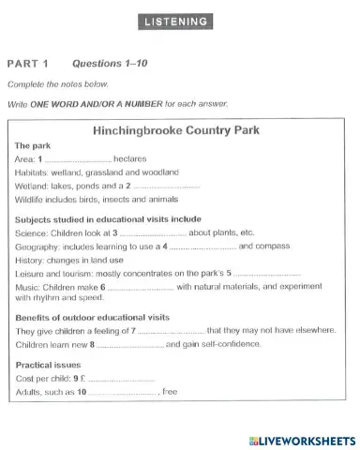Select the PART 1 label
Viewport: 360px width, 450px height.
pyautogui.click(x=27, y=64)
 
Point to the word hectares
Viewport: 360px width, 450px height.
pyautogui.click(x=130, y=159)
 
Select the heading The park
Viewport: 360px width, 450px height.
pyautogui.click(x=34, y=146)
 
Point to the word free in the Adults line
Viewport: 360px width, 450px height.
pyautogui.click(x=170, y=391)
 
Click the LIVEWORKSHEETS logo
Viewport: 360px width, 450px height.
pyautogui.click(x=299, y=440)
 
